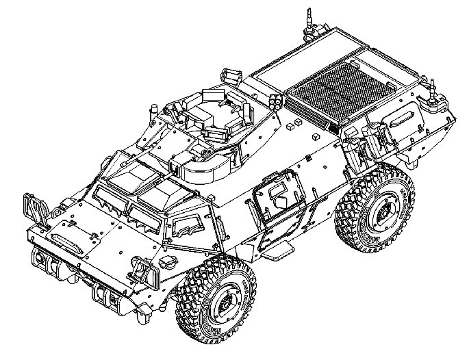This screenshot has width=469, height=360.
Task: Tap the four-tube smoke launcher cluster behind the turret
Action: click(x=276, y=100)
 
